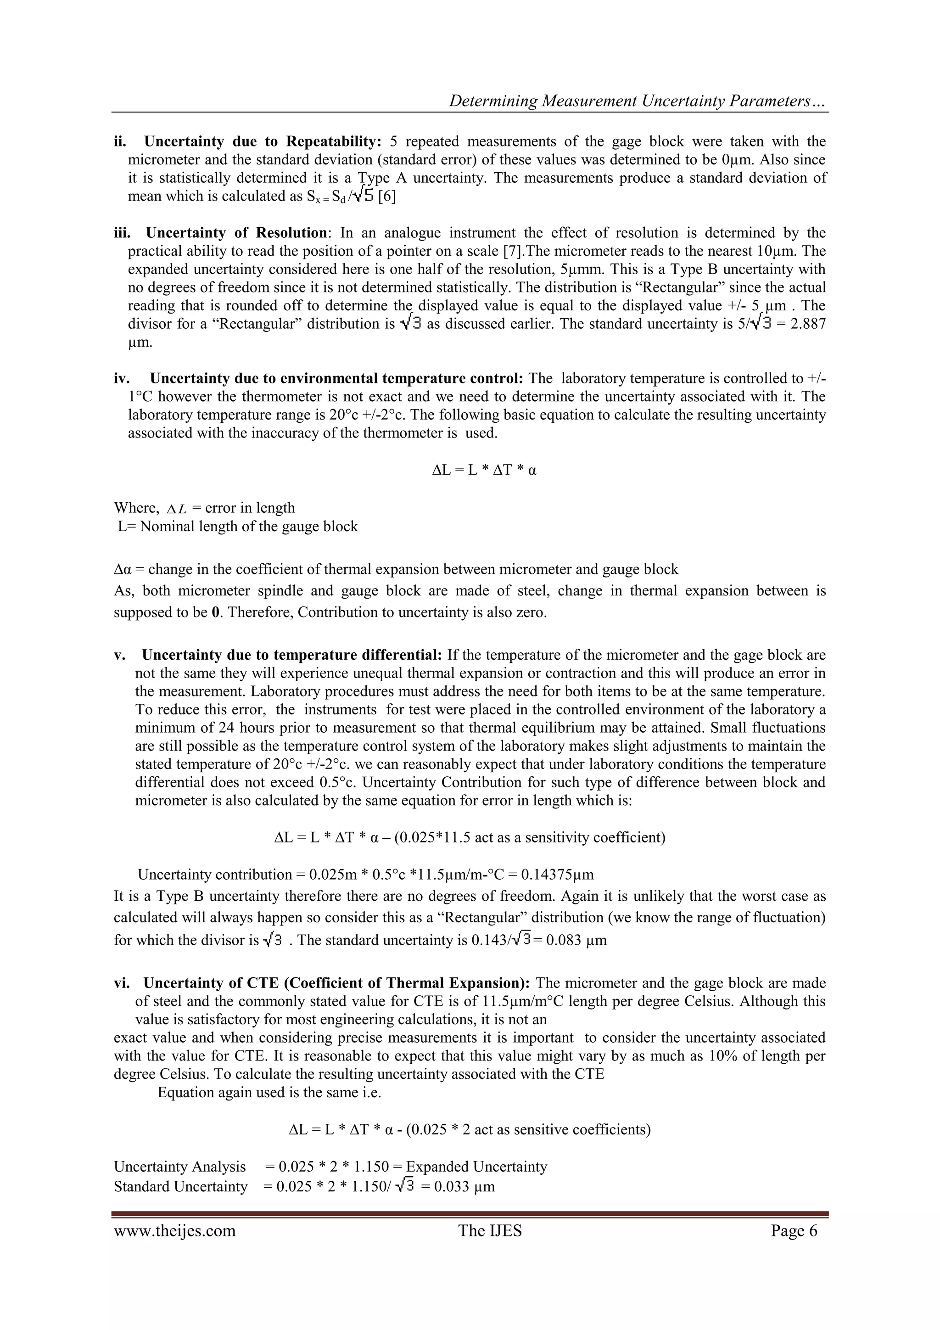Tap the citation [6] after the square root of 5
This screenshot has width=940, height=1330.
387,196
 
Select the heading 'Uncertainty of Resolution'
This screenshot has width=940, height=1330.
236,233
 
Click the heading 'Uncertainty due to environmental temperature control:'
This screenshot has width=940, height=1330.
336,378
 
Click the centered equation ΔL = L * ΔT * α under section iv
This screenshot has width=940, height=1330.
484,470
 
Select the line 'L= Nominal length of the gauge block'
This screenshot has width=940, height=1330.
237,527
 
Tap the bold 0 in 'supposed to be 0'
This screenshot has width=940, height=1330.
215,612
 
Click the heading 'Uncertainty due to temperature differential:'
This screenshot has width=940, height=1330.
292,655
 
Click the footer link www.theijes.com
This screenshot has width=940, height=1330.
174,1230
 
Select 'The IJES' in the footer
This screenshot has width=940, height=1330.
490,1230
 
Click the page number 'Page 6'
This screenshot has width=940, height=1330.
794,1230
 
